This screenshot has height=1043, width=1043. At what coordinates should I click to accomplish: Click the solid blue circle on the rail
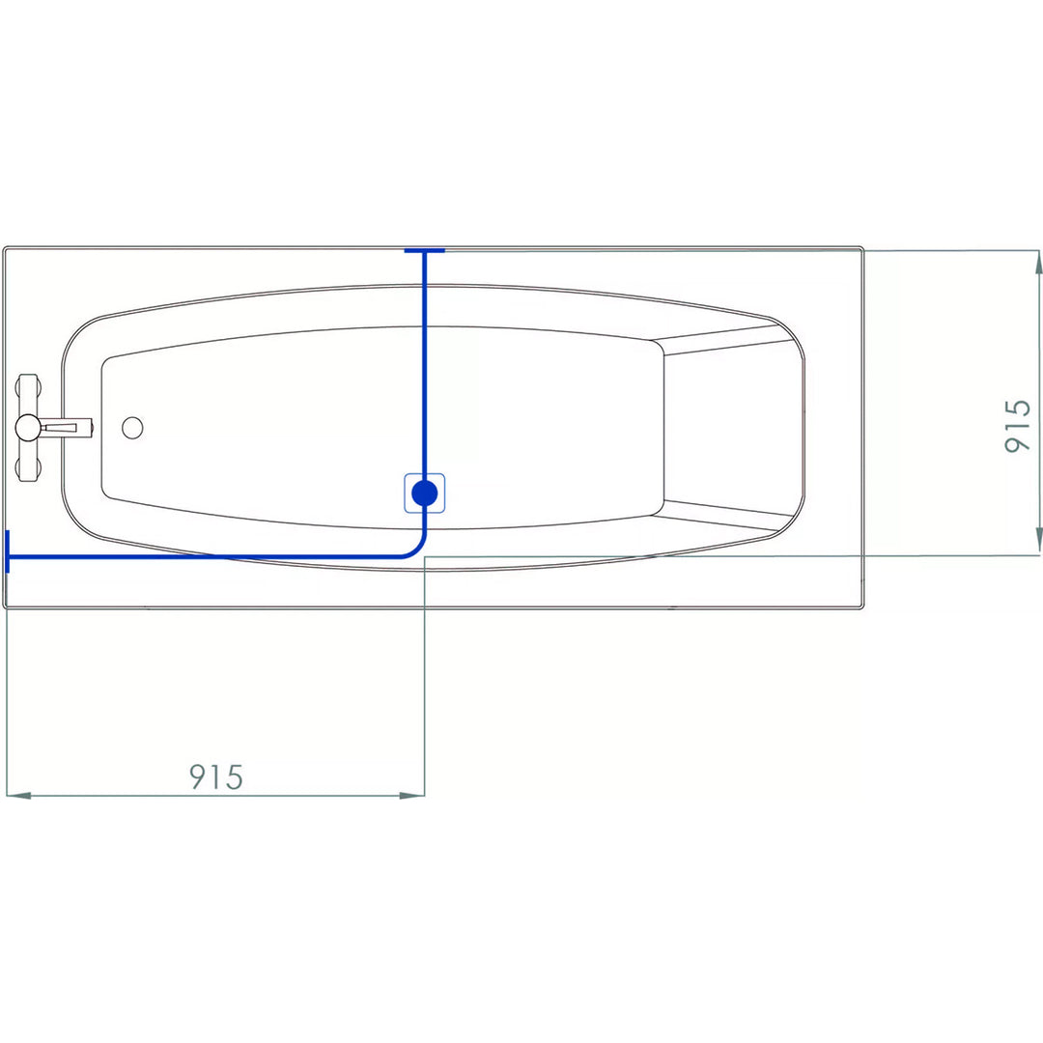click(x=424, y=493)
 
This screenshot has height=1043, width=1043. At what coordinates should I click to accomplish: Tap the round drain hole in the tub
click(x=132, y=428)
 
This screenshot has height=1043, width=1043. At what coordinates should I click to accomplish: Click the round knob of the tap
click(x=28, y=427)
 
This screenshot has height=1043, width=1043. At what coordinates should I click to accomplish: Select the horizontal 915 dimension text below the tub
click(x=216, y=776)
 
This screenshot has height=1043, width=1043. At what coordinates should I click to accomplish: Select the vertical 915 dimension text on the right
click(x=1018, y=427)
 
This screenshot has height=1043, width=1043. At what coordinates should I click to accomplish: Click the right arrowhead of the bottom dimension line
click(x=411, y=795)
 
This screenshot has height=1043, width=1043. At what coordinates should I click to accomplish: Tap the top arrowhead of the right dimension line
click(x=1038, y=264)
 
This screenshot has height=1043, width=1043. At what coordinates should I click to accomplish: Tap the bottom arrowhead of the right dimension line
click(x=1038, y=542)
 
